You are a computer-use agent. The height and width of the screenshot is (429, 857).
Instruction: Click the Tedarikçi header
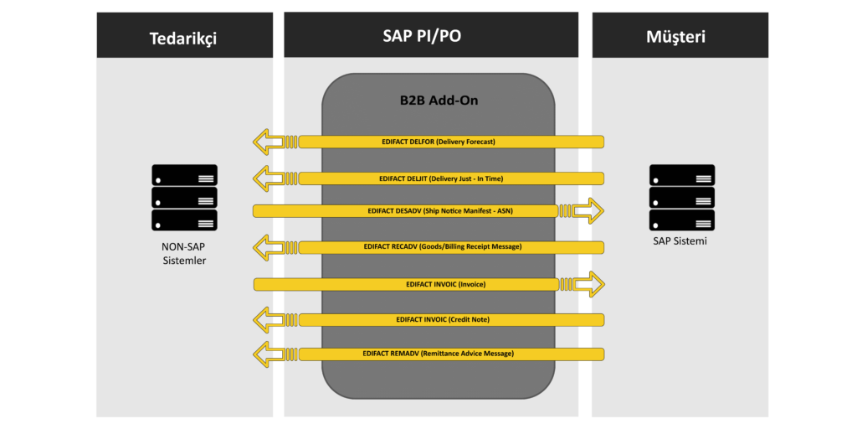click(184, 38)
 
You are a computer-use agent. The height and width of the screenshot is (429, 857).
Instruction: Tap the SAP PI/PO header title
click(430, 36)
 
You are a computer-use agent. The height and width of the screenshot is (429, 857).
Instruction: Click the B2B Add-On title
click(439, 101)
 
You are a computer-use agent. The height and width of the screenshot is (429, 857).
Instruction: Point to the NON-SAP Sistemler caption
click(184, 254)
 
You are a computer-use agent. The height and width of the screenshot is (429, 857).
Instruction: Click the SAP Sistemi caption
click(682, 241)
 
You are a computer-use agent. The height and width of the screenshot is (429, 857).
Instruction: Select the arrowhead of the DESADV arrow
click(590, 210)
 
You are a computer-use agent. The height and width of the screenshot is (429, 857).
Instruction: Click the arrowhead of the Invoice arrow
click(590, 284)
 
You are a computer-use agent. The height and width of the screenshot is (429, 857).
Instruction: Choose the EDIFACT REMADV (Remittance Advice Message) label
click(438, 354)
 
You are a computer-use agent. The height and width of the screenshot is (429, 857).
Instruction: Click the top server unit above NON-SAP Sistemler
click(184, 175)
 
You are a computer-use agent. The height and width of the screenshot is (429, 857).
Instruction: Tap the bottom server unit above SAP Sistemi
click(682, 220)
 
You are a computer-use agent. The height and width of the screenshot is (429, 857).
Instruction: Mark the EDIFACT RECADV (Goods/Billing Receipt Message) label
click(443, 247)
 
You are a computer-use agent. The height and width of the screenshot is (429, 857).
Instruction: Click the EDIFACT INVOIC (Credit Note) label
click(443, 319)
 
